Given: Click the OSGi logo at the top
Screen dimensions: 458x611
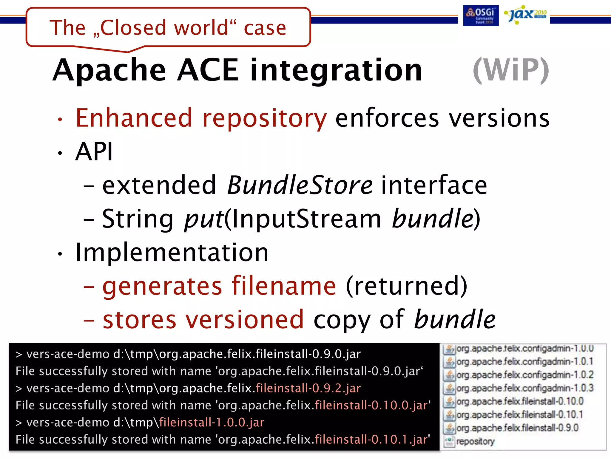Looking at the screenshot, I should (481, 16).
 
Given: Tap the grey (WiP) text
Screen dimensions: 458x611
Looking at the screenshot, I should (511, 70).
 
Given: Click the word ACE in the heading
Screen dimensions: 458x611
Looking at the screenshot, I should (208, 70).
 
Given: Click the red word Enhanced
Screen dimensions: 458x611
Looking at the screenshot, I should (134, 118).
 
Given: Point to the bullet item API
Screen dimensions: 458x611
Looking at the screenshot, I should (94, 151).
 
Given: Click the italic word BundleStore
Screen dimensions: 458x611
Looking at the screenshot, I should (300, 185).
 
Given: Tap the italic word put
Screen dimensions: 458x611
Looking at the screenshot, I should (204, 219).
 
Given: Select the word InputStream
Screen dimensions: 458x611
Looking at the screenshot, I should (307, 219).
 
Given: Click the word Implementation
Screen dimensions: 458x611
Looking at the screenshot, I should (172, 253).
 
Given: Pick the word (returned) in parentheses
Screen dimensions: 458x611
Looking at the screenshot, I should (406, 286).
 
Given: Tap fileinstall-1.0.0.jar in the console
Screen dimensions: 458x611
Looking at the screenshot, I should (212, 423).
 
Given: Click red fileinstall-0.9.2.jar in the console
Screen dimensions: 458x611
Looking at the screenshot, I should (308, 388).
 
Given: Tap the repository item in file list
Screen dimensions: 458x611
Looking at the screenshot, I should (475, 441).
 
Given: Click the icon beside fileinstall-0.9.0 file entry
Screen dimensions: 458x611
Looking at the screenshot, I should (449, 428).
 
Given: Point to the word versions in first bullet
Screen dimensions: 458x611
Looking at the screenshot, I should (499, 118).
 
